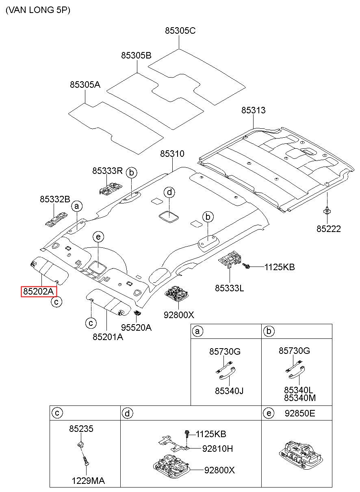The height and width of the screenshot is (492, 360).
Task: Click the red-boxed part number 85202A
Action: [39, 292]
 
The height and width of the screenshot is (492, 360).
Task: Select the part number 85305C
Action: [180, 30]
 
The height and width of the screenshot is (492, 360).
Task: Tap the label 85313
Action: [253, 110]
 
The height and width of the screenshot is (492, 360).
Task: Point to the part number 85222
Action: [328, 229]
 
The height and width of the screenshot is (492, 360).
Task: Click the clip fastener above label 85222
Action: [327, 210]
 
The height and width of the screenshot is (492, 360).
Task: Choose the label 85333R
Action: [107, 171]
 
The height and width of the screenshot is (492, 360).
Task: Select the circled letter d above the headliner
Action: [169, 192]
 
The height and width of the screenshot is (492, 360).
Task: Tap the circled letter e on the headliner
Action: [98, 237]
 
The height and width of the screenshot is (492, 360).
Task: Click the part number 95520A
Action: [136, 327]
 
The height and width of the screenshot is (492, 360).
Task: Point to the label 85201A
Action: [108, 337]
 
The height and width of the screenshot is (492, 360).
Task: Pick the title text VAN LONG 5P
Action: [38, 10]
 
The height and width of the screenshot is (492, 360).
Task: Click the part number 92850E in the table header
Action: [300, 413]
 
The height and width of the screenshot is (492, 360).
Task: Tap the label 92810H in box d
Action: [217, 449]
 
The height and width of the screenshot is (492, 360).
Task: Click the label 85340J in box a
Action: [229, 391]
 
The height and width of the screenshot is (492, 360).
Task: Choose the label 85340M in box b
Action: [300, 398]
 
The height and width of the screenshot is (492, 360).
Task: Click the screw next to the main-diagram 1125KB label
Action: [246, 266]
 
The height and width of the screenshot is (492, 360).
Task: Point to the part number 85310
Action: [172, 154]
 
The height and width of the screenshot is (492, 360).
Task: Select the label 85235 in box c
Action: [81, 429]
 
